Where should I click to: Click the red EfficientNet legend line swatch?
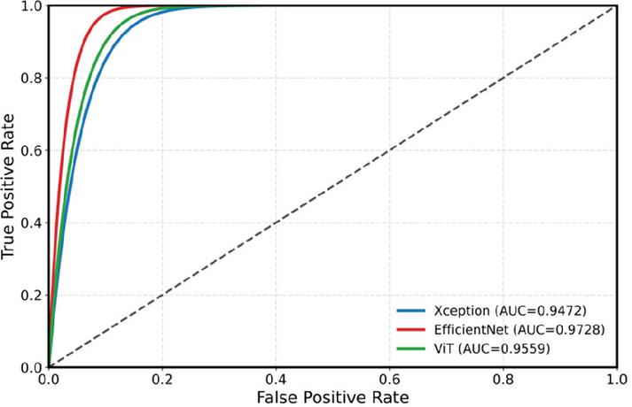pos(410,329)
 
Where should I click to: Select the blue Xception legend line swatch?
pos(410,311)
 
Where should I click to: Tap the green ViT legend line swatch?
pos(410,349)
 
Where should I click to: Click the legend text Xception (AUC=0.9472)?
pos(510,311)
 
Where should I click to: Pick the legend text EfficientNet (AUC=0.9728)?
pos(519,329)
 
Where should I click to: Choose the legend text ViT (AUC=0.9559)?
pos(492,349)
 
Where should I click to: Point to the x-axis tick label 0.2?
pos(162,380)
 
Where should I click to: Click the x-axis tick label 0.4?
pos(276,380)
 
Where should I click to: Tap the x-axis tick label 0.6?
pos(389,380)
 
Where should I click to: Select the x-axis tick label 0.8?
pos(503,380)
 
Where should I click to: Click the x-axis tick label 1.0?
pos(617,380)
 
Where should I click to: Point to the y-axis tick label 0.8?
pos(31,78)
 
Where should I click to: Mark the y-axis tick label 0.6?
pos(31,150)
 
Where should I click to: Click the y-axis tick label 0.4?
pos(31,222)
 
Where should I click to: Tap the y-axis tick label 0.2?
pos(31,295)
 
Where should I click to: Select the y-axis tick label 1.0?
pos(31,5)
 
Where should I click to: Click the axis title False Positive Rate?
pos(333,397)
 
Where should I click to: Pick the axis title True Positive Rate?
pos(8,187)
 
